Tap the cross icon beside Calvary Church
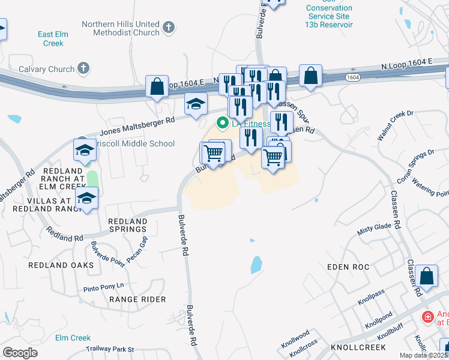coord(83,69)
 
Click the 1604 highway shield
coord(354,77)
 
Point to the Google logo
coord(20,353)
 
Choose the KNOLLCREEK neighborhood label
coord(360,348)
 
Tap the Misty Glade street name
coord(375,229)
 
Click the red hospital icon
coord(427,317)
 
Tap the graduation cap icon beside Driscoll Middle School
coord(85,150)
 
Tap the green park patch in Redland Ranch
coord(92,178)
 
